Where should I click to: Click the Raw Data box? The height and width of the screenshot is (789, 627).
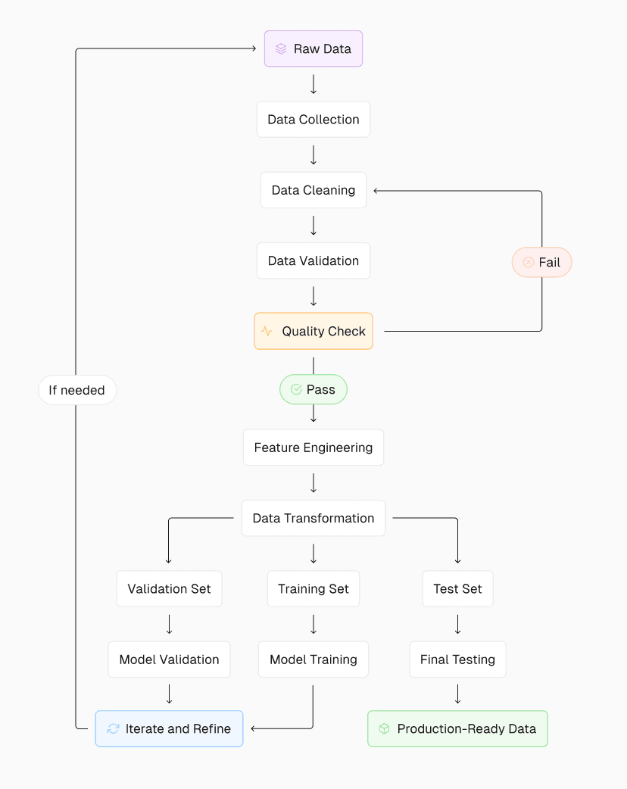[x=313, y=49]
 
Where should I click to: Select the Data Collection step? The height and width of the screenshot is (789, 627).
[x=313, y=120]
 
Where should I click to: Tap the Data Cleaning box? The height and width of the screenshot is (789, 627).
[x=313, y=190]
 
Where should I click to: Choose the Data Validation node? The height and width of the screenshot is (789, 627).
[x=313, y=260]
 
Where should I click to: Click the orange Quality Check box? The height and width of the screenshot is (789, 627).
[x=313, y=331]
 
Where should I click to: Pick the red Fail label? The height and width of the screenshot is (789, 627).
[x=541, y=263]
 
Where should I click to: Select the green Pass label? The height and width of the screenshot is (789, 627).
[x=313, y=389]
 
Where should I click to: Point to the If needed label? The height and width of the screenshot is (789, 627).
[x=77, y=391]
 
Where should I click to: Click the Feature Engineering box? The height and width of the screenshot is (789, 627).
[x=313, y=448]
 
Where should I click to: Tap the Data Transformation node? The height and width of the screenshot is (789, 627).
[x=313, y=518]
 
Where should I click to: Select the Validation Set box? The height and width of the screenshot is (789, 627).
[x=169, y=588]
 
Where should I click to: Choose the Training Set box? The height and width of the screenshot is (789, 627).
[x=313, y=588]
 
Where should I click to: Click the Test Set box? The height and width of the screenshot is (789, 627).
[x=457, y=588]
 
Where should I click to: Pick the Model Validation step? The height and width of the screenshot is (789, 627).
[x=169, y=660]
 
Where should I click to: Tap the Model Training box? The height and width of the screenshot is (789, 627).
[x=313, y=660]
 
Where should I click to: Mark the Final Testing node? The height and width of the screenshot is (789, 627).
[x=457, y=660]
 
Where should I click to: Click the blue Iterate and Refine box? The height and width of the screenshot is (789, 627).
[x=169, y=728]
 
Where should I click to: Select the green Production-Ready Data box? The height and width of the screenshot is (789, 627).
[x=457, y=728]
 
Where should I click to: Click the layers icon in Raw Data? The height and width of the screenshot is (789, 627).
[x=281, y=49]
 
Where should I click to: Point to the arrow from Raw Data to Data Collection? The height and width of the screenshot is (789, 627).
[x=313, y=84]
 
